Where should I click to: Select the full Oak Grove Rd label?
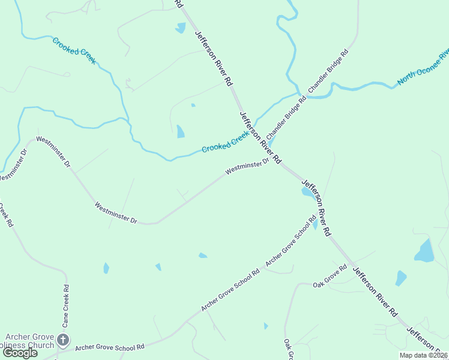pos(330,277)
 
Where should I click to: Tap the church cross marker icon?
pos(64,341)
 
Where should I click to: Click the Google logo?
pos(20,353)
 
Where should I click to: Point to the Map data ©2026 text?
pos(423,355)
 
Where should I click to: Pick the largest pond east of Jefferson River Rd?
pos(425,251)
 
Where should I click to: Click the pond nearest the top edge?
pos(181,28)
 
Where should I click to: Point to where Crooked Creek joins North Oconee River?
pos(298,93)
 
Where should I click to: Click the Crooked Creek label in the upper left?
pos(74,50)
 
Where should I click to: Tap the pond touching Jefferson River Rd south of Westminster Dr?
pos(307,192)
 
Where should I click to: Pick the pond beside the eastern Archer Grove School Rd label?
pos(315,224)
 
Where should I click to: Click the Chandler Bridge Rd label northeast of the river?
pos(328,71)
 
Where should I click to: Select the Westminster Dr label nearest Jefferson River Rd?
pos(247,167)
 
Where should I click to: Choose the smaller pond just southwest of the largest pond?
pos(400,278)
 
